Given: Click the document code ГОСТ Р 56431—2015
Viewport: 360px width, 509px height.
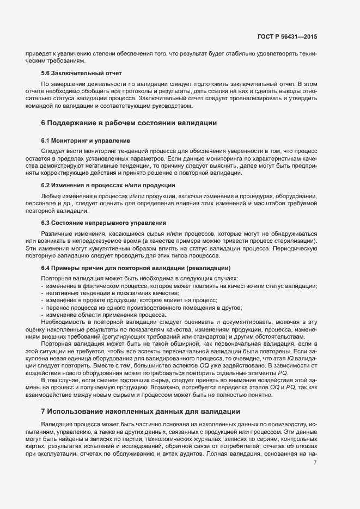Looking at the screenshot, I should point(287,36).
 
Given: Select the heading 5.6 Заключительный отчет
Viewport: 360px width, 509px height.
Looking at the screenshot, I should point(81,73).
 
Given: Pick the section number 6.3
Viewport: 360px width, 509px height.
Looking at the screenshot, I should point(46,223).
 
